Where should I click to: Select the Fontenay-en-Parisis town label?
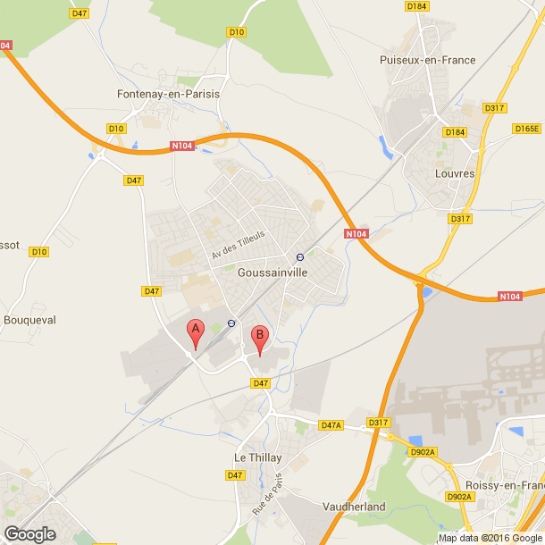(168, 93)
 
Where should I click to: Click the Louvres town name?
(454, 173)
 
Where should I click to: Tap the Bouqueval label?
(30, 319)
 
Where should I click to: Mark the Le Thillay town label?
(257, 457)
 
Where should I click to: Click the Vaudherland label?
(355, 507)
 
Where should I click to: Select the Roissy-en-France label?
(508, 485)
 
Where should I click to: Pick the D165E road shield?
(526, 129)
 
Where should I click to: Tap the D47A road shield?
(331, 425)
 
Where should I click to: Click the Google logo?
(29, 534)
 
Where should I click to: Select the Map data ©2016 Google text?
(489, 538)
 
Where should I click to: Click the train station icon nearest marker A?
(231, 323)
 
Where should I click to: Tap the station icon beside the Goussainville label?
(300, 257)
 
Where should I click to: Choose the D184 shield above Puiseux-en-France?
(416, 6)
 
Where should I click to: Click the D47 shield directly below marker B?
(260, 383)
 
